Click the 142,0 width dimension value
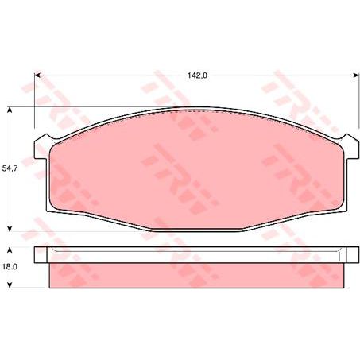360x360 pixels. [x=196, y=75]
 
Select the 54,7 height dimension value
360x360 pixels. [x=10, y=168]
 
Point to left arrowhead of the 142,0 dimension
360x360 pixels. [x=37, y=75]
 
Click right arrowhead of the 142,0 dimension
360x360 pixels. [x=350, y=75]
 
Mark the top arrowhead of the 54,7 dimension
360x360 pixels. [x=10, y=112]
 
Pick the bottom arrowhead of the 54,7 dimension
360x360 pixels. [x=10, y=226]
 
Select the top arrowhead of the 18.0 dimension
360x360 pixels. [x=10, y=250]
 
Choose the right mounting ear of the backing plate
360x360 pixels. [x=346, y=147]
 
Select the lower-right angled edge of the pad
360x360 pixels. [x=290, y=223]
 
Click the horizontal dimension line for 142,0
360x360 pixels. [x=119, y=75]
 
